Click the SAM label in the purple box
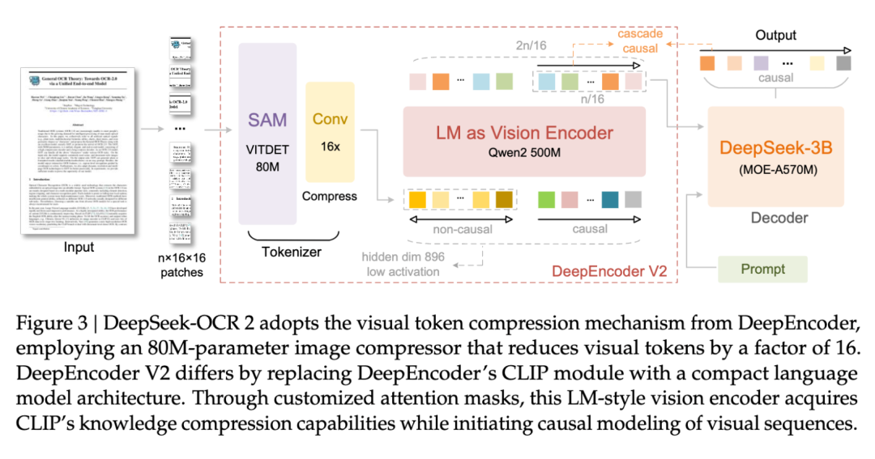267,119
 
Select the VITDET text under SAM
267,148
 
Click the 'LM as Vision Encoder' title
524,133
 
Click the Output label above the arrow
775,36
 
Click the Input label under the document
79,248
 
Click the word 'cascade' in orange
640,35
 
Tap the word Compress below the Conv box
330,196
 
